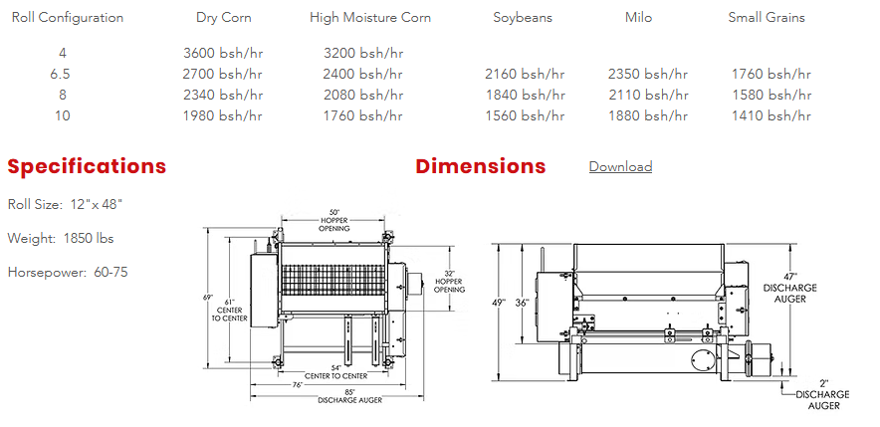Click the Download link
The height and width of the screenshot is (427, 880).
coord(620,166)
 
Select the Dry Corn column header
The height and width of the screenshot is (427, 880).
coord(223,17)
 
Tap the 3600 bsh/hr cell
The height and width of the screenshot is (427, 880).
coord(223,54)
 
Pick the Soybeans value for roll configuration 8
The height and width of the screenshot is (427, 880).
coord(526,95)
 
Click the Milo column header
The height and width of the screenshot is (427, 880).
coord(639,17)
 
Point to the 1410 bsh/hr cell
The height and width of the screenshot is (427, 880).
coord(771,116)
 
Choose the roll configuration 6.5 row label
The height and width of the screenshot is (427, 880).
coord(60,74)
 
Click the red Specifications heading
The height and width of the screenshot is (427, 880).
coord(87,166)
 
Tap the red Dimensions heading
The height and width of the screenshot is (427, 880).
coord(481,166)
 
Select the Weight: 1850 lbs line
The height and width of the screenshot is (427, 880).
coord(61,239)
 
